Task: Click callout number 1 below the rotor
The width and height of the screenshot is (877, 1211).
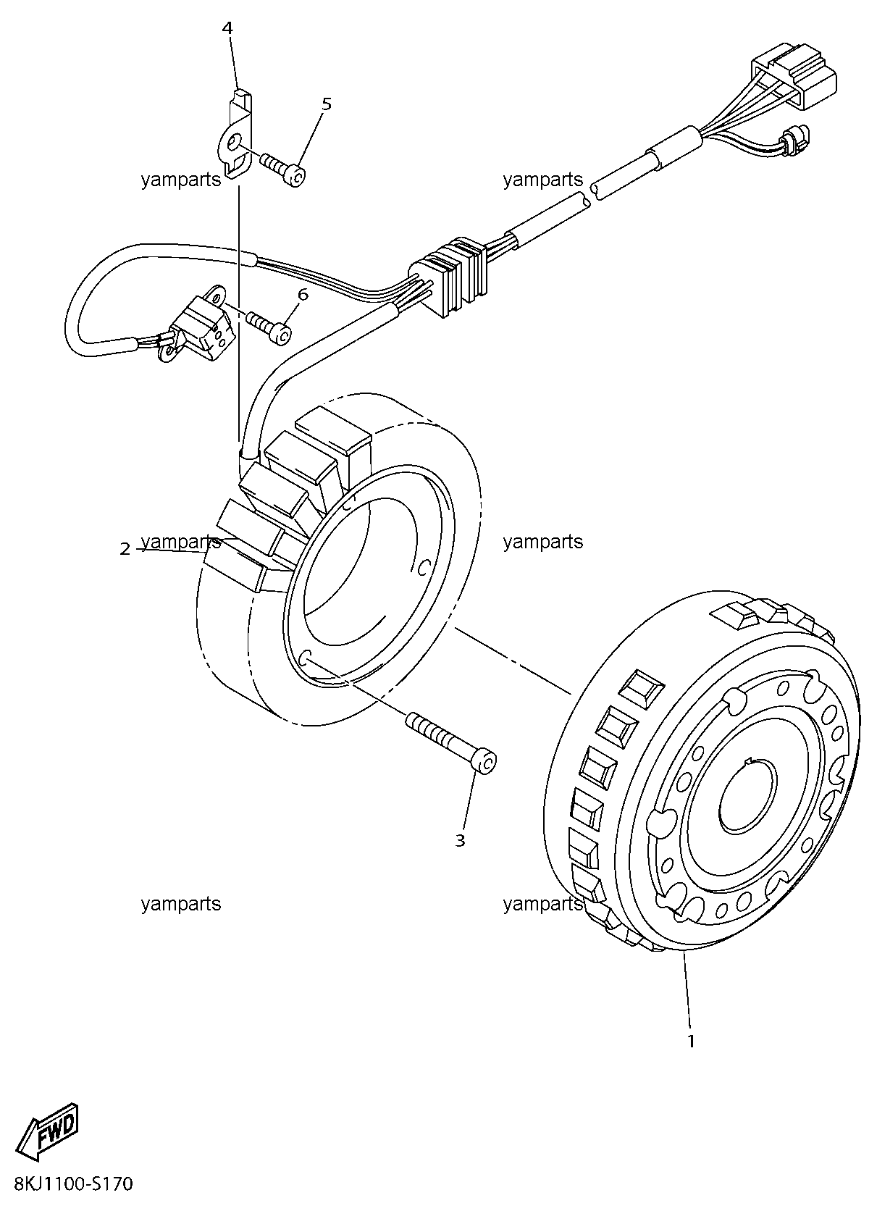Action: [x=690, y=1041]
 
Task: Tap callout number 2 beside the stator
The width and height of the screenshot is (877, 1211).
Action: [x=125, y=550]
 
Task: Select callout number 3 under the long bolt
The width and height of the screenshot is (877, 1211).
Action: [x=460, y=840]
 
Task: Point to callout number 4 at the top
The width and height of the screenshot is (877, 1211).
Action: [x=227, y=28]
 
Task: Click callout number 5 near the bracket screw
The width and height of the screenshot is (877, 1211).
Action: [x=326, y=104]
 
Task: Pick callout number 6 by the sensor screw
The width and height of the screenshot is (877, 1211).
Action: [x=303, y=295]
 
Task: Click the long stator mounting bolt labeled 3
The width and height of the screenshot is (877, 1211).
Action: [x=450, y=743]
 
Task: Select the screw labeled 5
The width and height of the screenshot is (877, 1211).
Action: [x=283, y=168]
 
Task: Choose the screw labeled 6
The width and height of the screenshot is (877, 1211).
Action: [x=269, y=327]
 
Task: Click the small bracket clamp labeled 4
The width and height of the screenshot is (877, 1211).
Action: [x=235, y=134]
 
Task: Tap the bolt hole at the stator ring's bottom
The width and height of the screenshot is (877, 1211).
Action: [x=304, y=657]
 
